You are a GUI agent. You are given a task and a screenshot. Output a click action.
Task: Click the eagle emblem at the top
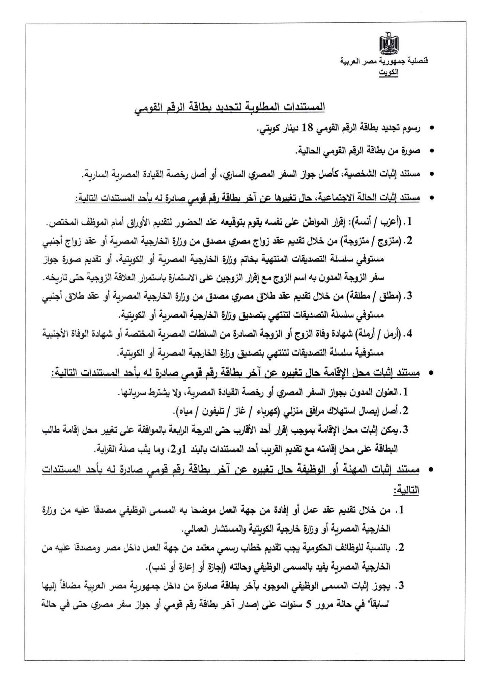coord(388,44)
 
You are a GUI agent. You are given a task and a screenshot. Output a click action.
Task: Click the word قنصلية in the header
coord(418,61)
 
